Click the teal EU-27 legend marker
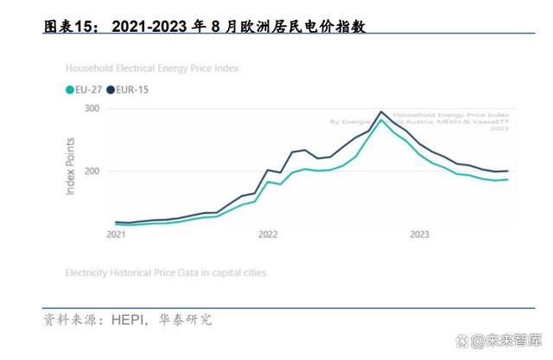point(70,88)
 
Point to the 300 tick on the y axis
point(92,109)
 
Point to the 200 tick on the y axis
point(92,171)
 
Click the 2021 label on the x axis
point(115,234)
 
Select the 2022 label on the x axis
point(268,234)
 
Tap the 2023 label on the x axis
point(420,234)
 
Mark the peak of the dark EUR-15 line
point(381,111)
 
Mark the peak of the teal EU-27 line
point(381,120)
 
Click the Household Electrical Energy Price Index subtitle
point(152,67)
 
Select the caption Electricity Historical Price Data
point(166,272)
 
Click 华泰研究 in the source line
point(185,320)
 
